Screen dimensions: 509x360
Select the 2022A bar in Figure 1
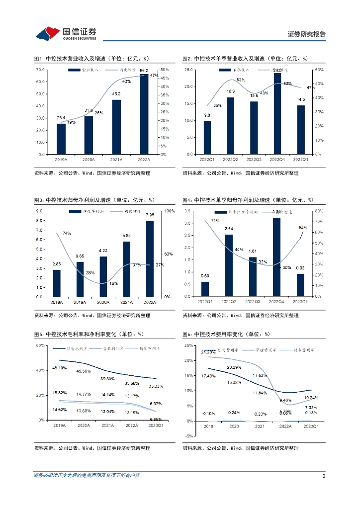coord(144,114)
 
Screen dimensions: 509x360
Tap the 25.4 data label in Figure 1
coord(61,118)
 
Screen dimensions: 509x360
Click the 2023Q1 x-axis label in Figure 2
coord(300,160)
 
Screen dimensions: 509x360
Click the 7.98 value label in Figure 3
coord(150,215)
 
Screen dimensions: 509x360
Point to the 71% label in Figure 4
coord(215,221)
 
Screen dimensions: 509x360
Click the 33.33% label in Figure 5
coord(155,386)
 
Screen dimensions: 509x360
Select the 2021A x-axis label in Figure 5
coord(107,426)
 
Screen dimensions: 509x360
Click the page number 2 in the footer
coord(324,476)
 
